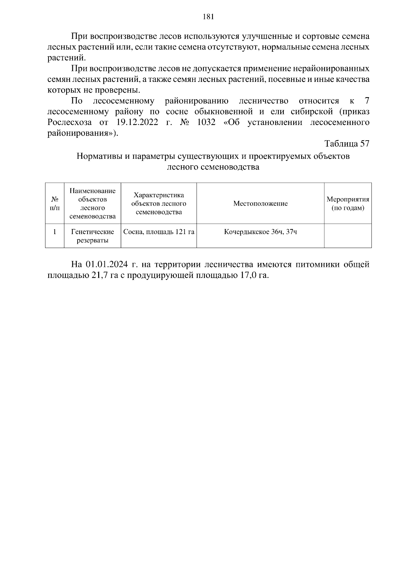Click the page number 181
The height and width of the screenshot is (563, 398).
pyautogui.click(x=208, y=17)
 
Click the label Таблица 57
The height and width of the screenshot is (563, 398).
pyautogui.click(x=347, y=144)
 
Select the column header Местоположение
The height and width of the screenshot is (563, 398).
pyautogui.click(x=260, y=204)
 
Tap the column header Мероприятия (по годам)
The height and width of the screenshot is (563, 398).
pyautogui.click(x=348, y=204)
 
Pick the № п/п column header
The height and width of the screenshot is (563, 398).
pyautogui.click(x=55, y=204)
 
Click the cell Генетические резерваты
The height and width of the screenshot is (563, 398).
pyautogui.click(x=93, y=236)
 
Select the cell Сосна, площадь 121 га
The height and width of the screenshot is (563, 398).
pyautogui.click(x=159, y=232)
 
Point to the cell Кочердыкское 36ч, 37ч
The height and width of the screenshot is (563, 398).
pyautogui.click(x=260, y=232)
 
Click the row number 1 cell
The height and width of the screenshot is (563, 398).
pyautogui.click(x=55, y=232)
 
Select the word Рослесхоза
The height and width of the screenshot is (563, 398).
pyautogui.click(x=69, y=122)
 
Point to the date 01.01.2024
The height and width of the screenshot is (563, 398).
pyautogui.click(x=106, y=265)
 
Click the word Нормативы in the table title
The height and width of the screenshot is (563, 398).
pyautogui.click(x=99, y=156)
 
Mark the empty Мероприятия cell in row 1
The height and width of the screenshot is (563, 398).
pyautogui.click(x=348, y=236)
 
